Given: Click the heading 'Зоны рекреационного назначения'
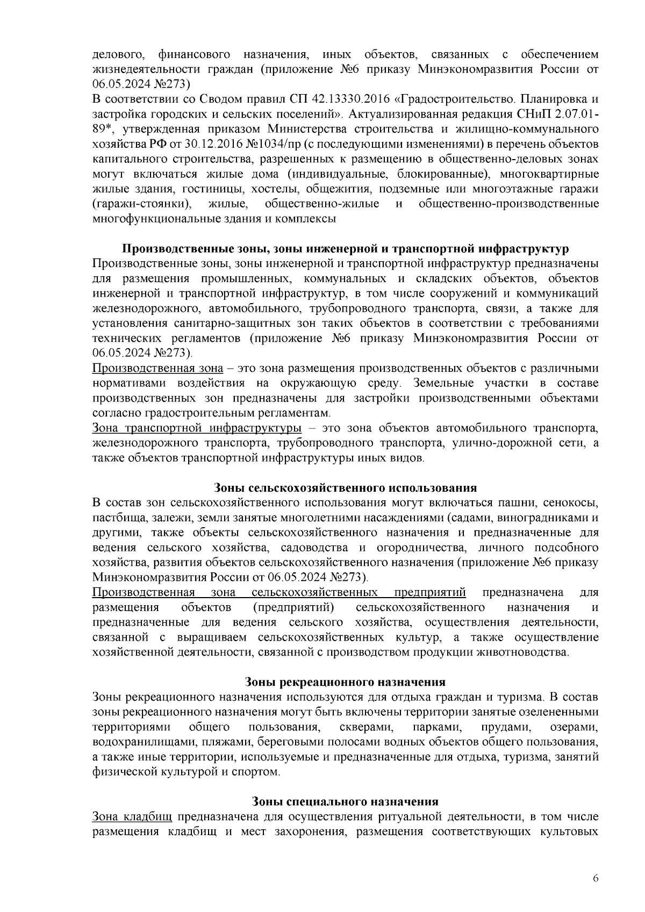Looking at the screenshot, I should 345,682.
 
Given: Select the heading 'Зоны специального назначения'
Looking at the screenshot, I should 345,801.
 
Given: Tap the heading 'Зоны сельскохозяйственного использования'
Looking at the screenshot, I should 345,488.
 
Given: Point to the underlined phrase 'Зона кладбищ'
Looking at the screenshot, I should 132,817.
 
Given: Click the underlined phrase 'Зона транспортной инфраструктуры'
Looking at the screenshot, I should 197,428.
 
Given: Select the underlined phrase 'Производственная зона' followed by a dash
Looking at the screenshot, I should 157,369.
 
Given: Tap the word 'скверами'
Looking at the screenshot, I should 364,727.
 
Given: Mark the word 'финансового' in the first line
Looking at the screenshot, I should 195,55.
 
